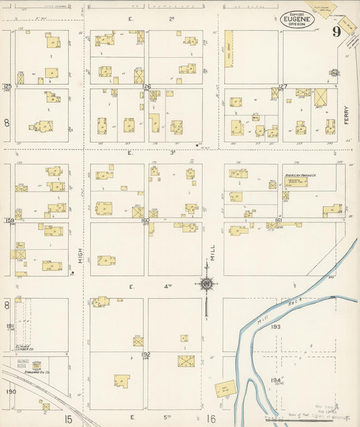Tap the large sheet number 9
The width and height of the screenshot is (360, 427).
[336, 32]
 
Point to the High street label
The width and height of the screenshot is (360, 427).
[80, 255]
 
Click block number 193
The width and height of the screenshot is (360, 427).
[275, 327]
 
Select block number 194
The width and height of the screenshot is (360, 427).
[275, 381]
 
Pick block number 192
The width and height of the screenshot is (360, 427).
[145, 354]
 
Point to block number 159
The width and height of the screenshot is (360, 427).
[9, 221]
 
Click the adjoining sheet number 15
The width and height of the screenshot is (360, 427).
[68, 419]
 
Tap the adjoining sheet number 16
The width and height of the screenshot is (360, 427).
[211, 419]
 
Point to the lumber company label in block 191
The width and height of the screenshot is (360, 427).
[25, 349]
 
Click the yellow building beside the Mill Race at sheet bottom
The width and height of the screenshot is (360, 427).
[226, 388]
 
